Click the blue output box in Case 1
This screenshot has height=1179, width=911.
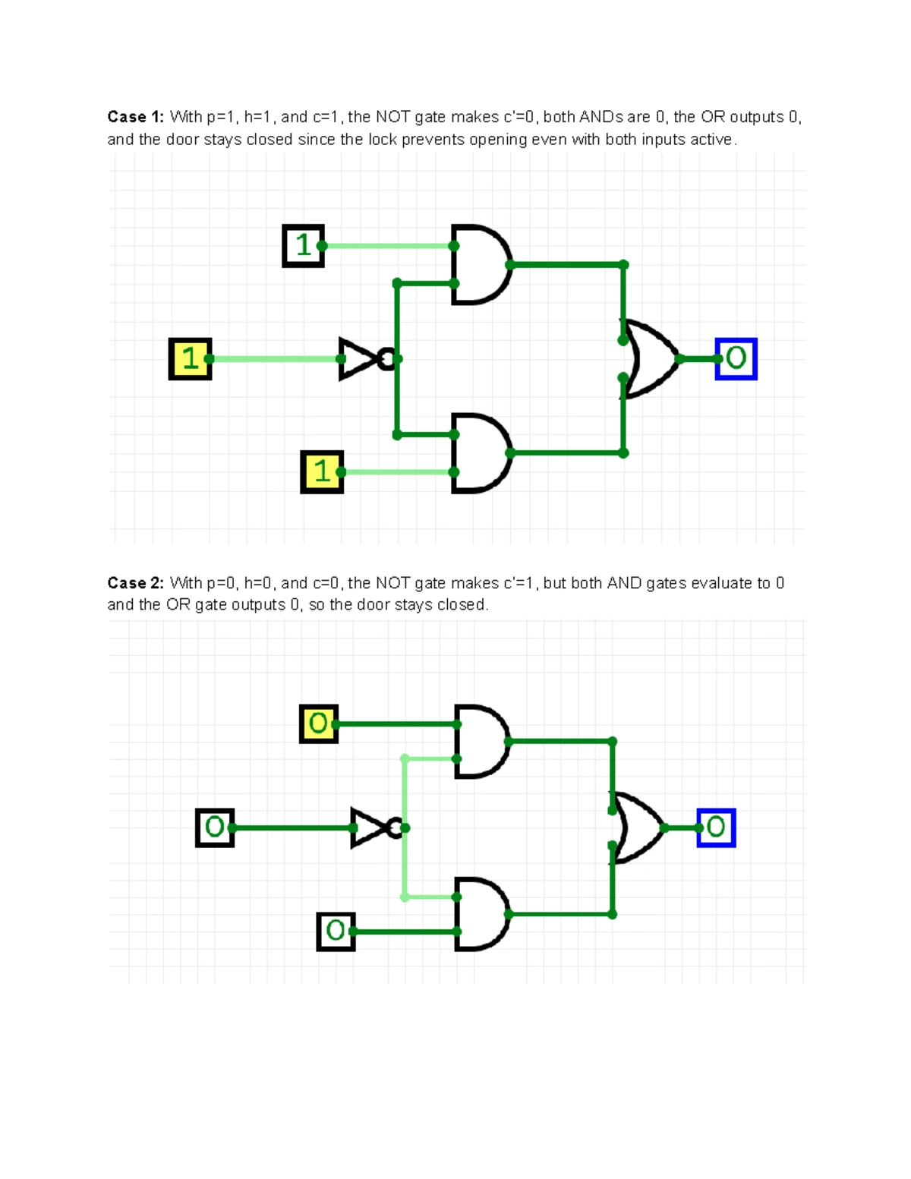[x=736, y=358]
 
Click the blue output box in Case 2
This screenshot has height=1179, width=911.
[x=716, y=828]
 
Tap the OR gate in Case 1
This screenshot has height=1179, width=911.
[x=650, y=359]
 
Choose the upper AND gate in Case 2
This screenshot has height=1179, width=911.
[x=481, y=741]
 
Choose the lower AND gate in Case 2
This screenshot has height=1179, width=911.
[x=481, y=914]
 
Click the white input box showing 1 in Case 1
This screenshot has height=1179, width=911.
[x=303, y=245]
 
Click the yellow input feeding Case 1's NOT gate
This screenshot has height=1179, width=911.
[x=190, y=358]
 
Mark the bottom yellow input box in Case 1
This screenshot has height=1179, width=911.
[x=322, y=471]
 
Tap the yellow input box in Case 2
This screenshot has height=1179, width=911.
[x=319, y=723]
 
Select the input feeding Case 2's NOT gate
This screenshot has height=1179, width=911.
[x=215, y=828]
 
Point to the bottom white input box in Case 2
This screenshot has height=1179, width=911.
[x=336, y=932]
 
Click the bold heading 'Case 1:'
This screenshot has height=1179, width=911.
[x=135, y=117]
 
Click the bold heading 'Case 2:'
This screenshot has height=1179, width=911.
[x=135, y=583]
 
